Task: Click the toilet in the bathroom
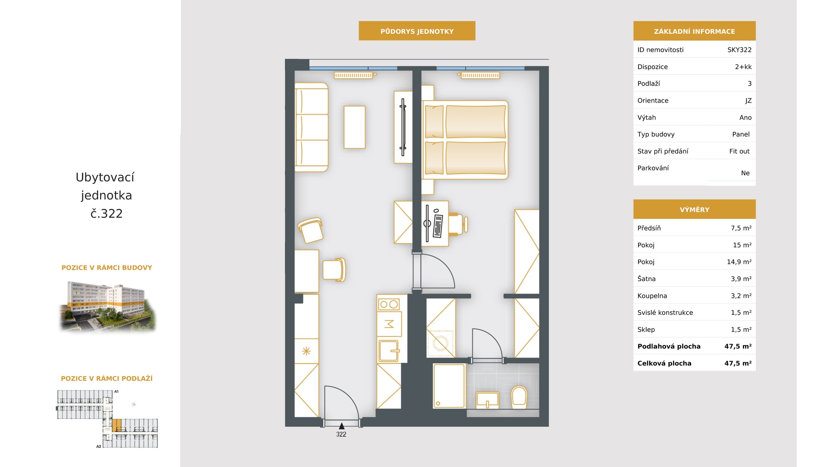tap(519, 397)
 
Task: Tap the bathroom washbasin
tap(488, 400)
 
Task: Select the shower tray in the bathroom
tap(450, 386)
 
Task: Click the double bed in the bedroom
tap(465, 140)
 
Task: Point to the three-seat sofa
tap(311, 127)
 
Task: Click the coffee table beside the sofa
tap(354, 127)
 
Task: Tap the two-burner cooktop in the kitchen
tap(389, 304)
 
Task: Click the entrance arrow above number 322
tap(342, 426)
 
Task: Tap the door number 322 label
tap(341, 435)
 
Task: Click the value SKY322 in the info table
tap(739, 50)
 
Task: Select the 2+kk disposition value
tap(743, 67)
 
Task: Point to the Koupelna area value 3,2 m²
tap(741, 296)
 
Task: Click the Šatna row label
tap(646, 279)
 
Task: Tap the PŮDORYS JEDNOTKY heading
tap(417, 31)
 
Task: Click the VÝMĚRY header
tap(694, 210)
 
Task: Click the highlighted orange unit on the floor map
tap(116, 425)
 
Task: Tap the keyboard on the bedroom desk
tap(437, 225)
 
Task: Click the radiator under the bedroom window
tap(480, 75)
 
